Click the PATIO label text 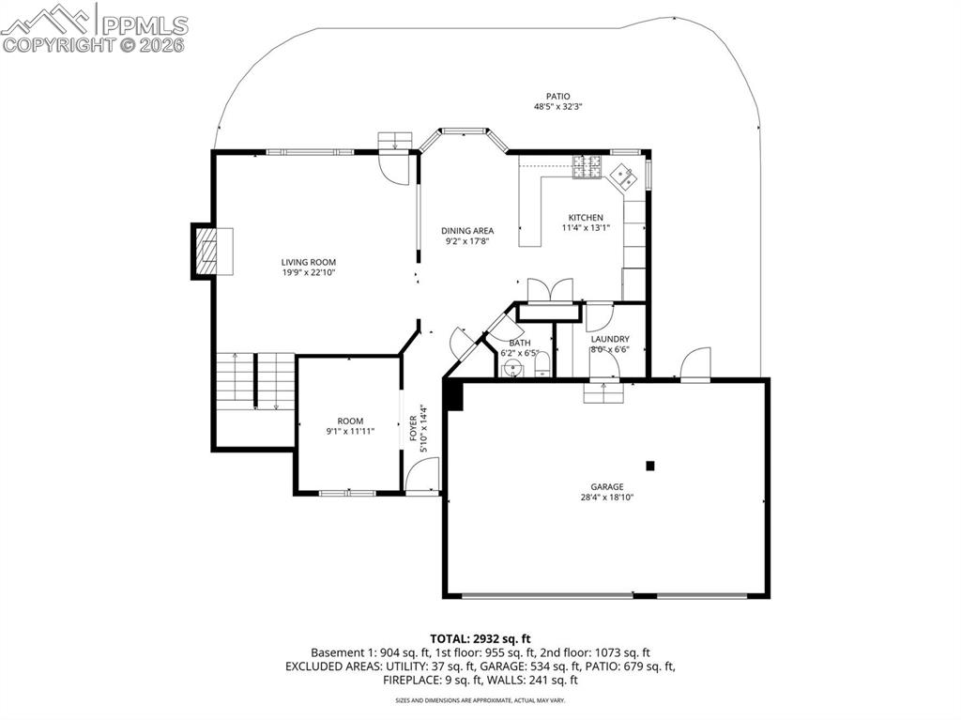[558, 96]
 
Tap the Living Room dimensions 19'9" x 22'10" [309, 273]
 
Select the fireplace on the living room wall [205, 251]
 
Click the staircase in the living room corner [243, 379]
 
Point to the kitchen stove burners [587, 166]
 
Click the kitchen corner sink [623, 176]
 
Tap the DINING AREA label [467, 231]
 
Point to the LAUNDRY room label [609, 339]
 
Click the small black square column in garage [649, 465]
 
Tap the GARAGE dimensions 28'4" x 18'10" [607, 498]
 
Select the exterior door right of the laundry [695, 365]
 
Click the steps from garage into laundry [602, 391]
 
